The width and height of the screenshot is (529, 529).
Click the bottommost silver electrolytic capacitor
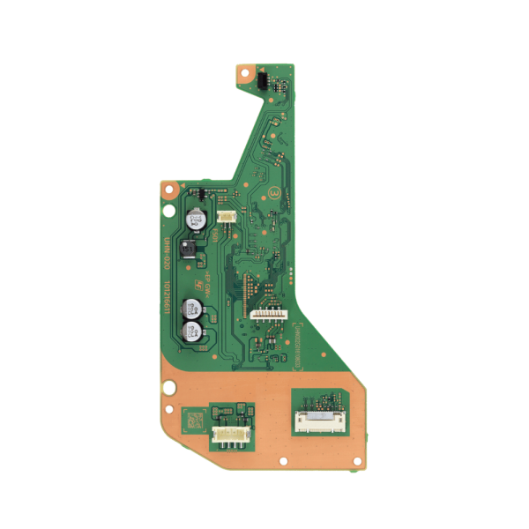tap(191, 332)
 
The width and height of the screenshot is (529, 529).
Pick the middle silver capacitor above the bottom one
tap(191, 309)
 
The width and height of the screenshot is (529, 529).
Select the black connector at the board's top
tap(262, 80)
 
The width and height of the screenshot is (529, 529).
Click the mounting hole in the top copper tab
tap(244, 74)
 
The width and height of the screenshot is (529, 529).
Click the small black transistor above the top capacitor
tap(203, 193)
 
